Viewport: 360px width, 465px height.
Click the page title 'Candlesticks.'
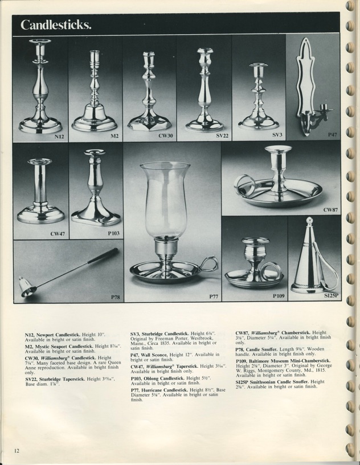(x=56, y=25)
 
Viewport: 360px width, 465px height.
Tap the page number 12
(x=17, y=451)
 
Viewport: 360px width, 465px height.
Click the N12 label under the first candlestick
(x=59, y=137)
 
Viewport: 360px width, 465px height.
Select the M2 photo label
(x=114, y=137)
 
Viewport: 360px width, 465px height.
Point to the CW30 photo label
(x=165, y=137)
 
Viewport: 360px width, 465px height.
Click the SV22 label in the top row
(x=222, y=137)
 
